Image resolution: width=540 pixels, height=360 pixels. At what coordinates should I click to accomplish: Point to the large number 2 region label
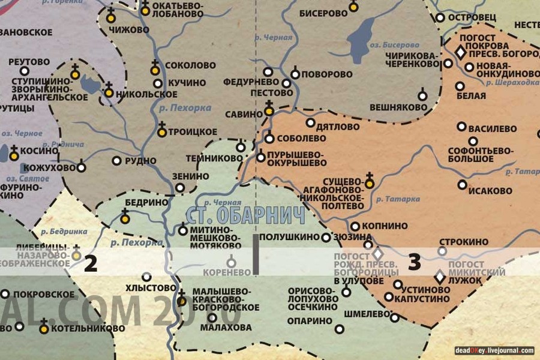tap(91, 263)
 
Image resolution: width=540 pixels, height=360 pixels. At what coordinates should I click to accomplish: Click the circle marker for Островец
tap(440, 18)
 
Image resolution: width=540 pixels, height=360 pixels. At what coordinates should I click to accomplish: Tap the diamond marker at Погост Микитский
tap(440, 277)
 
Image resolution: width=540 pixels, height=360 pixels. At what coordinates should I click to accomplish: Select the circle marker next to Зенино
tap(180, 188)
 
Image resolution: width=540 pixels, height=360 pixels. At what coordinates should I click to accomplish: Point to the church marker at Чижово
tap(110, 17)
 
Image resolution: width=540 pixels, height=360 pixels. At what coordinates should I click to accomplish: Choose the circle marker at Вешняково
tap(422, 96)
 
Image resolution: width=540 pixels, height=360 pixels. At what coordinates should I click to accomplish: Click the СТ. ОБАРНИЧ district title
tap(245, 215)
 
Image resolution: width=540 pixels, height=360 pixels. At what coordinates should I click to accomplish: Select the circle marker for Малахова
tap(212, 316)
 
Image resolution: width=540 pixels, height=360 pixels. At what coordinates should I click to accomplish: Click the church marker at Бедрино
tap(125, 218)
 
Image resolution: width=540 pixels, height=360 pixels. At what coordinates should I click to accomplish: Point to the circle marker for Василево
tap(461, 127)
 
